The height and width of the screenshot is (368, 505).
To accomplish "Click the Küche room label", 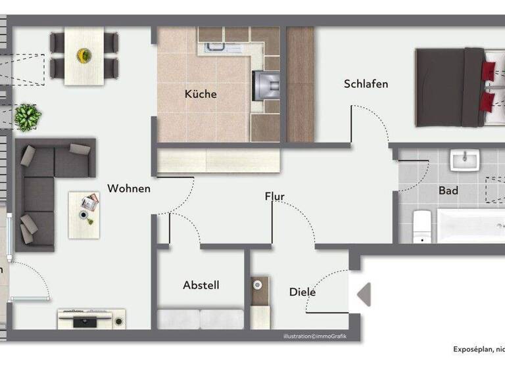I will coord(201,94).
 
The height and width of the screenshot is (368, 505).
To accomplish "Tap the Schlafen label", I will coord(366,84).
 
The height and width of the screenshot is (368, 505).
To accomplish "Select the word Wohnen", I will coord(129,189).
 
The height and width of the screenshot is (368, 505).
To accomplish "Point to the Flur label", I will coord(275,196).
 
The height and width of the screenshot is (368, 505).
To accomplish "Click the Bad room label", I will coord(448,191).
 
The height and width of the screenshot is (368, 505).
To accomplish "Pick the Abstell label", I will coord(201,285).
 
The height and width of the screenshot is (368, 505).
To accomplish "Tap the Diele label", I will coord(302,292).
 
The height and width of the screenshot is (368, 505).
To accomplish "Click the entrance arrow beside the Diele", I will coord(364,294).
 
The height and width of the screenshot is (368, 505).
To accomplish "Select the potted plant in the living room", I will coord(28,117).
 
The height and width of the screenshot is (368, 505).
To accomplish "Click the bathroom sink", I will coord(465,160).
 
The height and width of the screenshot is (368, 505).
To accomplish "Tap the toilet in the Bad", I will coord(421,225).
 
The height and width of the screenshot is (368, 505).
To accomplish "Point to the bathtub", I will coord(471,225).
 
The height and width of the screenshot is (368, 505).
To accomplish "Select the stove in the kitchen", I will coord(266,84).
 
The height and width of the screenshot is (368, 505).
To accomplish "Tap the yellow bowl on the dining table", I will coord(84,55).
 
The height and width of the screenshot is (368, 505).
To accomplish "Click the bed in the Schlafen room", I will coord(454,87).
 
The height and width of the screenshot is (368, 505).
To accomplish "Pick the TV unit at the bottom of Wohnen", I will coord(91,319).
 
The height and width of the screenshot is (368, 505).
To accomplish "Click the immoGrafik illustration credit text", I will coord(314,336).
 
